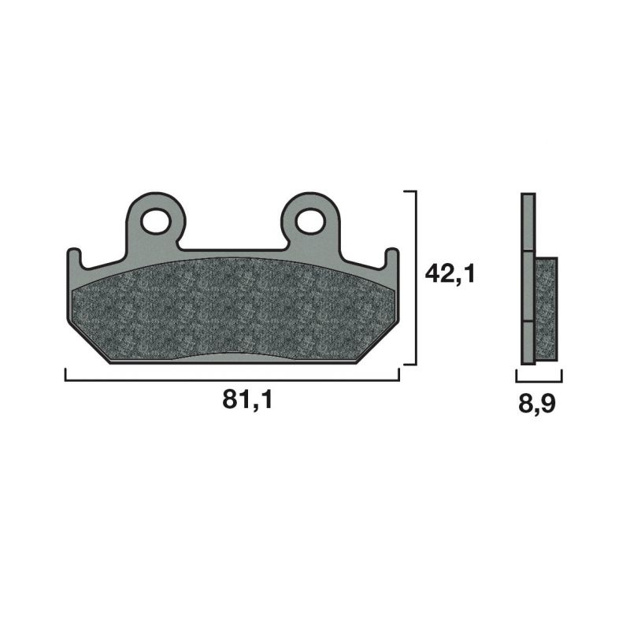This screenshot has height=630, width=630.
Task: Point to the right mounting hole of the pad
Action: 310,221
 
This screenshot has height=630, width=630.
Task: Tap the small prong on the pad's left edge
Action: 72,258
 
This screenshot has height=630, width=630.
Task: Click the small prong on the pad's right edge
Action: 391,258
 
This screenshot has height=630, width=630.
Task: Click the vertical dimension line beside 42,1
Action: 414,276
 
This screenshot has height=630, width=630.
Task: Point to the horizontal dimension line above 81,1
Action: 232,380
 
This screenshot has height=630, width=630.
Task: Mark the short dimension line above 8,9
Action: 537,380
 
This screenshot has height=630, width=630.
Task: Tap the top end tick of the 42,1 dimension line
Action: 409,191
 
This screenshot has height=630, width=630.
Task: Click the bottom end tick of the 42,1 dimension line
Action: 409,365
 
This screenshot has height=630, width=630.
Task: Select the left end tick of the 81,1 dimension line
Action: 65,375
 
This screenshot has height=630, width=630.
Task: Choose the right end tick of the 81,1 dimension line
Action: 399,375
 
